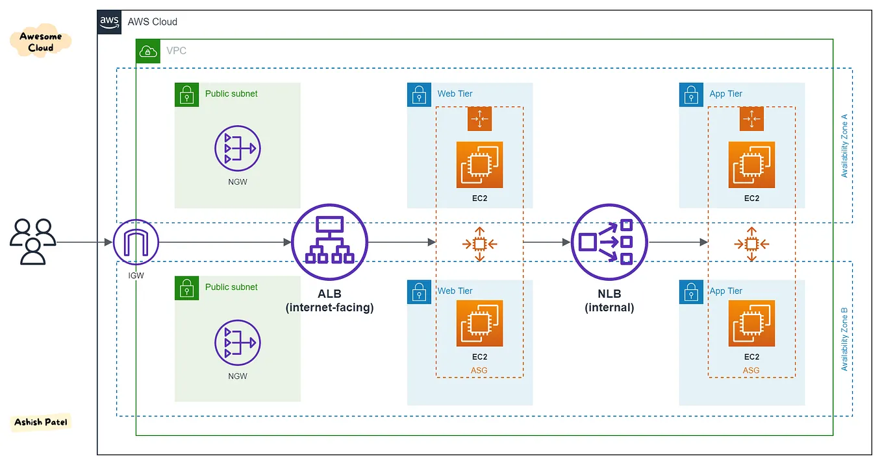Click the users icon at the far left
[x=32, y=242]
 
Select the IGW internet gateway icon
[x=136, y=243]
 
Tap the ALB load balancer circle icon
[x=329, y=242]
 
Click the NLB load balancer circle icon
[x=609, y=242]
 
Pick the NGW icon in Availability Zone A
[x=237, y=149]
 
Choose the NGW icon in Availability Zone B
[x=237, y=342]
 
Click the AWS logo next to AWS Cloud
[x=109, y=21]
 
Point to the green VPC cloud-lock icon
[x=148, y=51]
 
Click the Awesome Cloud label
[x=41, y=42]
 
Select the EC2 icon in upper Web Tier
[x=479, y=165]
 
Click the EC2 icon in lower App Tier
[x=751, y=324]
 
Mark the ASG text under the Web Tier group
[x=479, y=370]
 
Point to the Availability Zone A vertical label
[x=844, y=146]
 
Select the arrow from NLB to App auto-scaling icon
[x=678, y=243]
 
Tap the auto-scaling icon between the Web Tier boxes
[x=479, y=244]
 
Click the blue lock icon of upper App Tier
[x=691, y=95]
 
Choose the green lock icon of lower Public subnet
[x=187, y=288]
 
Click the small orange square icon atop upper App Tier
[x=751, y=119]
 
